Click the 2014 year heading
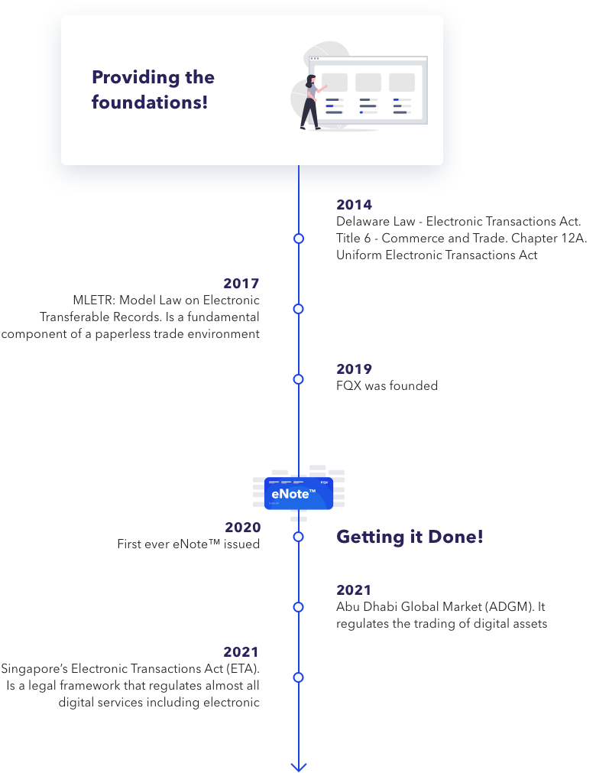[x=354, y=205]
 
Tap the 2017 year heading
[x=241, y=284]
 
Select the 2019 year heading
[x=354, y=369]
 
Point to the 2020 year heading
[x=243, y=527]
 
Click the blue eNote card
[x=299, y=493]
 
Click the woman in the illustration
[x=311, y=102]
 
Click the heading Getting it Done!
[x=410, y=537]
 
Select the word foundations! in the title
[x=150, y=102]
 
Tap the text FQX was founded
[x=387, y=385]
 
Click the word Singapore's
[x=34, y=669]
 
